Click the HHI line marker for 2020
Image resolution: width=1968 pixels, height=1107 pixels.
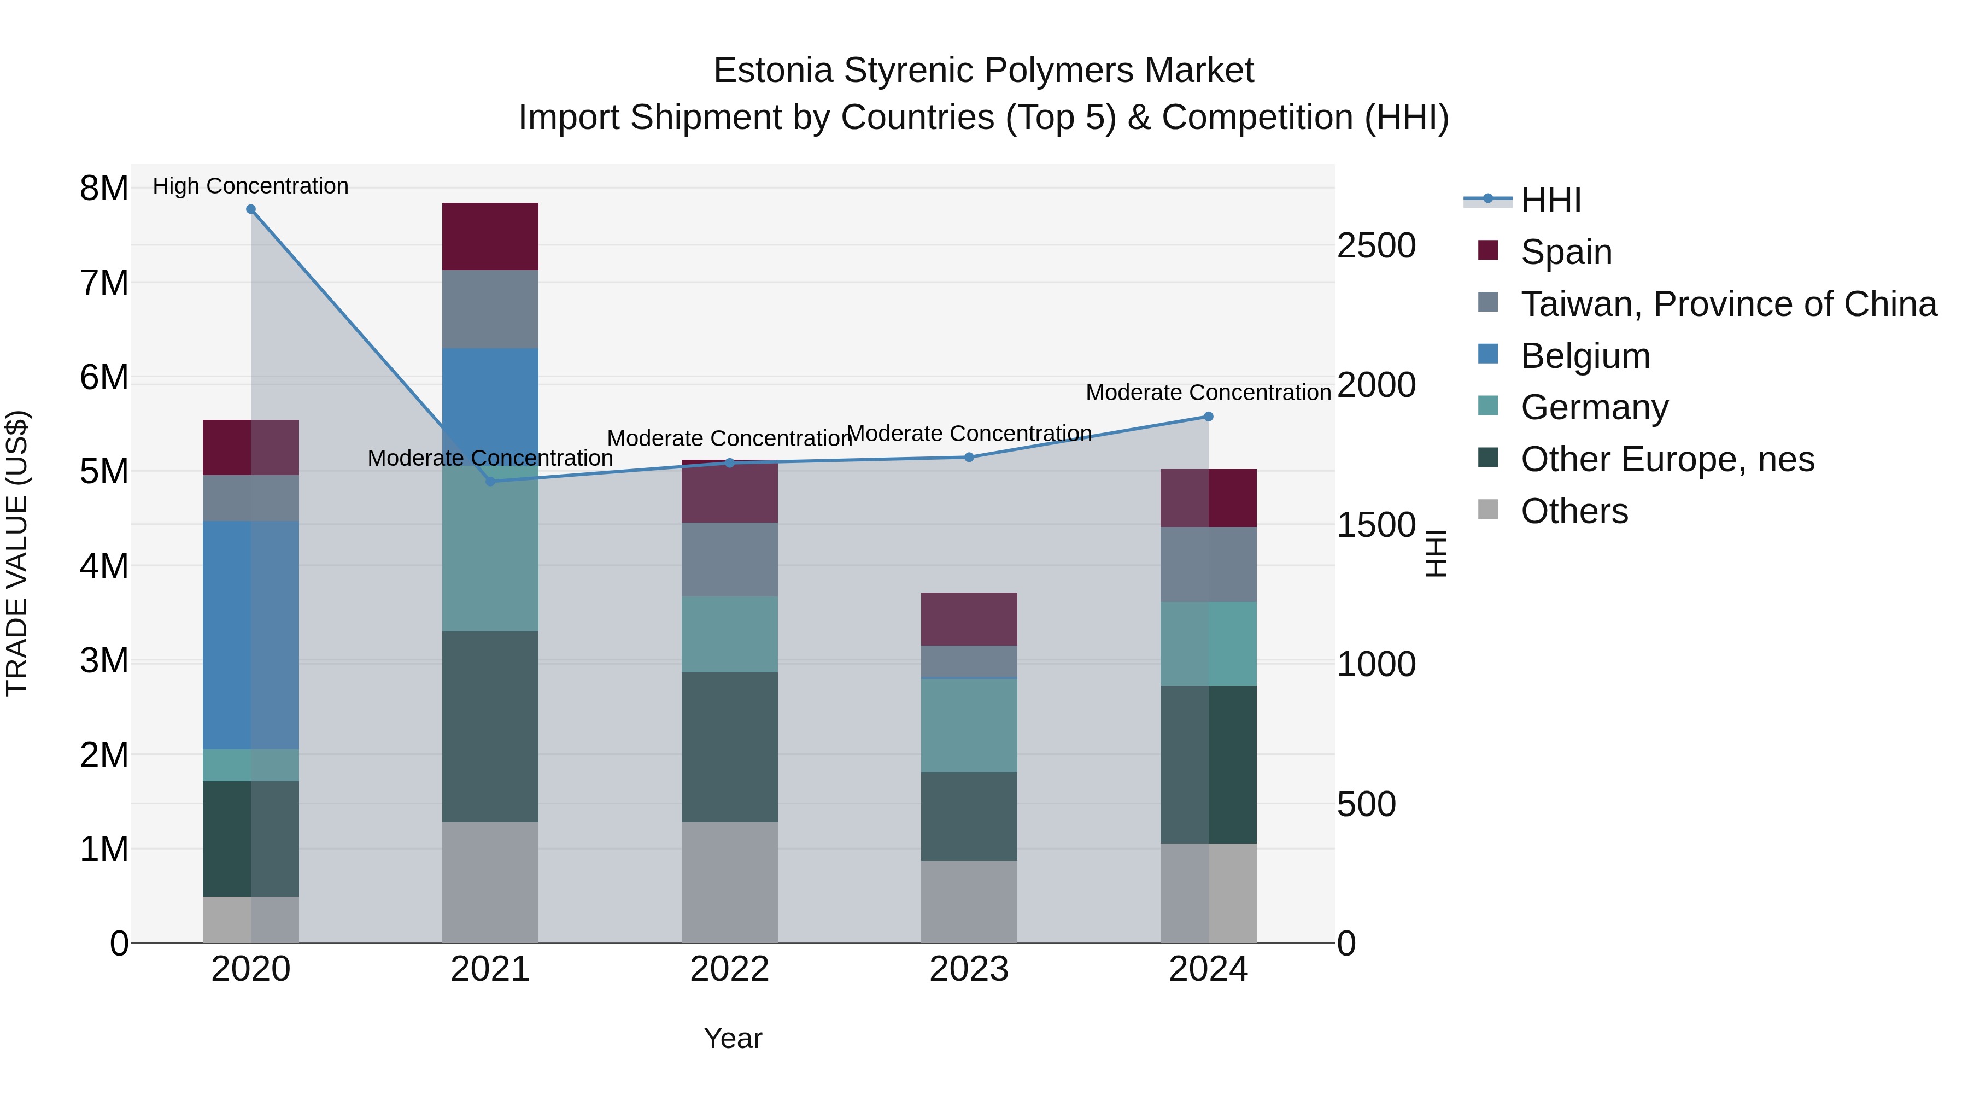tap(250, 209)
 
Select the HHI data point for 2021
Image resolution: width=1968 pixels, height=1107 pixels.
tap(490, 481)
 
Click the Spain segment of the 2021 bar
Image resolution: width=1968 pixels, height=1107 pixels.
tap(490, 236)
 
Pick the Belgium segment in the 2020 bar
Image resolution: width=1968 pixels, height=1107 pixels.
tap(250, 634)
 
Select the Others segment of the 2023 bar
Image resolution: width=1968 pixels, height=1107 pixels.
tap(969, 901)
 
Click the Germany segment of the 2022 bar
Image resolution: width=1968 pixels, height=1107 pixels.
tap(730, 634)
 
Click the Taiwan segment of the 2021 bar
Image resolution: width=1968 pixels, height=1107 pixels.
tap(490, 309)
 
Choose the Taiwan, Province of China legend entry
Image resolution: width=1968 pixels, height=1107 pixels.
tap(1728, 304)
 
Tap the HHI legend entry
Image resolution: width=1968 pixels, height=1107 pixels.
tap(1550, 200)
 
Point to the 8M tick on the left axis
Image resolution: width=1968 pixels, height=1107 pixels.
tap(104, 188)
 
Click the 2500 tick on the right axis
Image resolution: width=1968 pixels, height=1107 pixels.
tap(1376, 246)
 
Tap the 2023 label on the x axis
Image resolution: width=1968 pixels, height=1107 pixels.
tap(969, 969)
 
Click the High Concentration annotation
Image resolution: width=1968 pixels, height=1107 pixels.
tap(250, 186)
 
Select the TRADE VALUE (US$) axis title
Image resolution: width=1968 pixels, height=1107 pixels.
tap(17, 553)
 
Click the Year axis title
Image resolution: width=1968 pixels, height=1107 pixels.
tap(733, 1038)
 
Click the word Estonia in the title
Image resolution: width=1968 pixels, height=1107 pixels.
tap(772, 71)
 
